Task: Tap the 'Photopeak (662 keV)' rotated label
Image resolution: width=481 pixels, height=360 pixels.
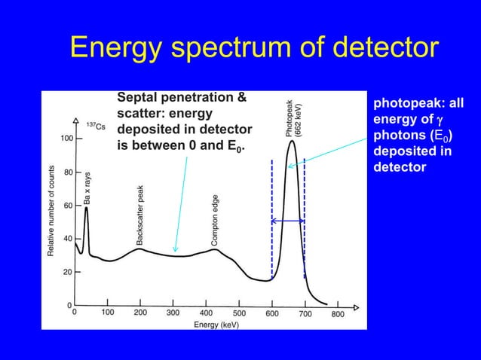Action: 293,117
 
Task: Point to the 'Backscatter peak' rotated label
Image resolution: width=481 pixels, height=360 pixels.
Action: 139,215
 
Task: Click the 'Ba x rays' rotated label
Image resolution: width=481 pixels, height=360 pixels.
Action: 87,188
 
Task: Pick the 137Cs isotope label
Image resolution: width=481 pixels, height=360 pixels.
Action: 96,125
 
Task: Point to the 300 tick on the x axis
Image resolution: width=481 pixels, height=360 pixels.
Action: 173,313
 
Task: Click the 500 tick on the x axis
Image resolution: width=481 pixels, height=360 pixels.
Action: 239,313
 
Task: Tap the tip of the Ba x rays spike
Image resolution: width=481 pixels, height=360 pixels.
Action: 87,208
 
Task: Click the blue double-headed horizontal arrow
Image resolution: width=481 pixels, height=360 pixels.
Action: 287,221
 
